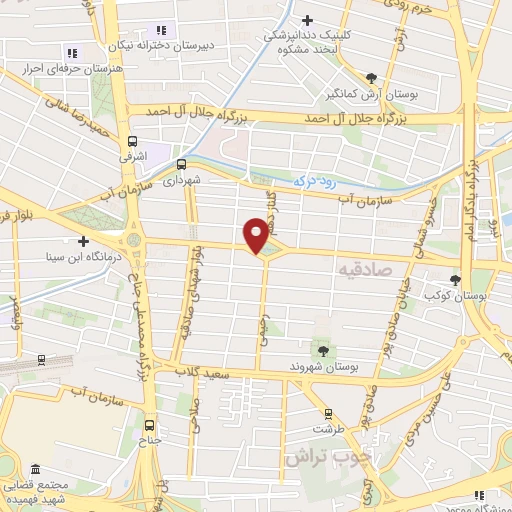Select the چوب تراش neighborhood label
pos(328,457)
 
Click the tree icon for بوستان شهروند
pos(323,350)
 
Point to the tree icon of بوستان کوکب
pos(456,280)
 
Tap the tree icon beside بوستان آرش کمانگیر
pos(371,77)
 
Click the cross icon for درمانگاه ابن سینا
pos(83,241)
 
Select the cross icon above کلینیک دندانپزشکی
pos(307,19)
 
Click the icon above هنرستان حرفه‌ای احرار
pos(71,53)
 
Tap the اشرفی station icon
pos(132,141)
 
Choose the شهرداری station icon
pos(181,164)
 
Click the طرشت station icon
pos(328,413)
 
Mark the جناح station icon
pos(149,423)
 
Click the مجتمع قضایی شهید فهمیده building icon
pos(36,469)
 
